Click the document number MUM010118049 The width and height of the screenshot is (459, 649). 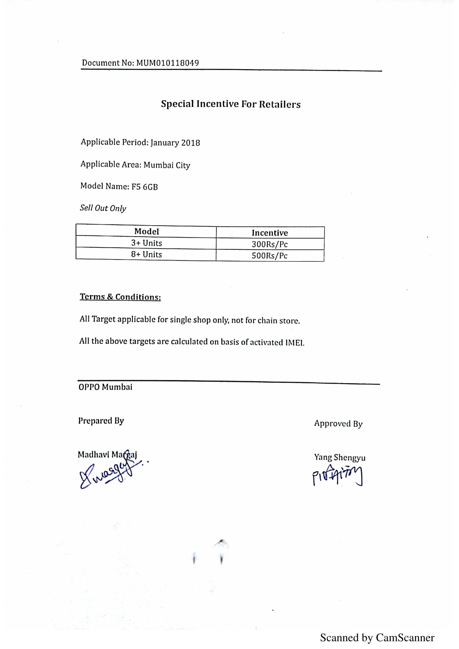pyautogui.click(x=167, y=63)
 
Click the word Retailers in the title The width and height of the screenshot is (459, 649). pyautogui.click(x=280, y=104)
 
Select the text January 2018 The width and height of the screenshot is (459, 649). pyautogui.click(x=175, y=143)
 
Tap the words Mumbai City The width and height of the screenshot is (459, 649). pyautogui.click(x=167, y=165)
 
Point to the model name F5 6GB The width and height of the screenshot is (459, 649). pyautogui.click(x=144, y=187)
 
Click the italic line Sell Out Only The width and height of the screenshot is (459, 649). pyautogui.click(x=103, y=208)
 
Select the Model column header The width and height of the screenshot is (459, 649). pyautogui.click(x=147, y=231)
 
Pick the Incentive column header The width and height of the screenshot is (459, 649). pyautogui.click(x=270, y=233)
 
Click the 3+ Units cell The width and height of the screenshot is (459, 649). pyautogui.click(x=147, y=243)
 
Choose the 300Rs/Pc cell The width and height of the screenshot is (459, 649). pyautogui.click(x=270, y=244)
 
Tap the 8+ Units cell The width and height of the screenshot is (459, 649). pyautogui.click(x=147, y=254)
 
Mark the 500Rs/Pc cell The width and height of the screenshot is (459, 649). pyautogui.click(x=270, y=256)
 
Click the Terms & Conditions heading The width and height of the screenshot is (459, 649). pyautogui.click(x=120, y=297)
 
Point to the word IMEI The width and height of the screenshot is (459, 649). pyautogui.click(x=295, y=343)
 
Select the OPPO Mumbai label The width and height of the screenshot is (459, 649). pyautogui.click(x=105, y=387)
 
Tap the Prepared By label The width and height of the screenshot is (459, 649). pyautogui.click(x=101, y=421)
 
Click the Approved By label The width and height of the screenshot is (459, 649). pyautogui.click(x=338, y=424)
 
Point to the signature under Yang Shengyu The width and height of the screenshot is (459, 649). pyautogui.click(x=337, y=476)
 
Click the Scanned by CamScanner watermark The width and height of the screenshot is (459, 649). pyautogui.click(x=377, y=638)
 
